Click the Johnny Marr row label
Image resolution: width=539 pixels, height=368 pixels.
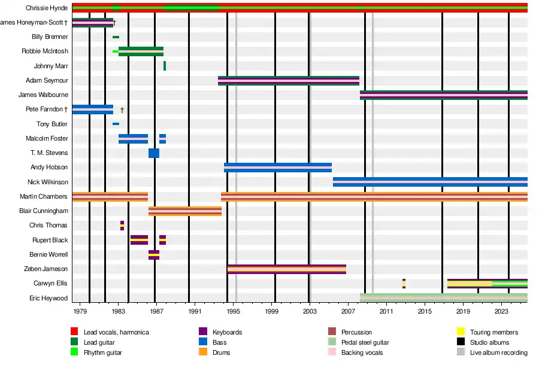[51, 66]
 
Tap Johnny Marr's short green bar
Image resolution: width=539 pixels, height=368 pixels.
[165, 66]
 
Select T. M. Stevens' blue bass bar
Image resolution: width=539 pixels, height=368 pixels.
[154, 153]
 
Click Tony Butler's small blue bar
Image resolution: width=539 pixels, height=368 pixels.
[116, 124]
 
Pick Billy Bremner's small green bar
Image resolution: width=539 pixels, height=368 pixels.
[116, 37]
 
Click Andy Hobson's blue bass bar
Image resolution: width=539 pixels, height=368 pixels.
[278, 168]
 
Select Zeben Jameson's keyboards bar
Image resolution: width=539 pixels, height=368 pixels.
[287, 269]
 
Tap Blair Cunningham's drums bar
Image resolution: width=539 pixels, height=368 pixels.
[185, 211]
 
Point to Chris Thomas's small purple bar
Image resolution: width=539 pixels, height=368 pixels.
[122, 226]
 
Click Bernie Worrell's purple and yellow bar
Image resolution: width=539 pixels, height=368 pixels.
[154, 255]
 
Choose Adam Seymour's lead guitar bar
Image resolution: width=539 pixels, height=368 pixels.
[289, 81]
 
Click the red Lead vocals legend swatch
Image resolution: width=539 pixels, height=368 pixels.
[74, 332]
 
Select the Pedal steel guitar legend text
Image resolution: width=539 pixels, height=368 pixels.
[365, 342]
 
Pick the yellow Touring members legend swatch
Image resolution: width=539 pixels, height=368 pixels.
[461, 332]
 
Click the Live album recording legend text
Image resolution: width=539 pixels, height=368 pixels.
[499, 352]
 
